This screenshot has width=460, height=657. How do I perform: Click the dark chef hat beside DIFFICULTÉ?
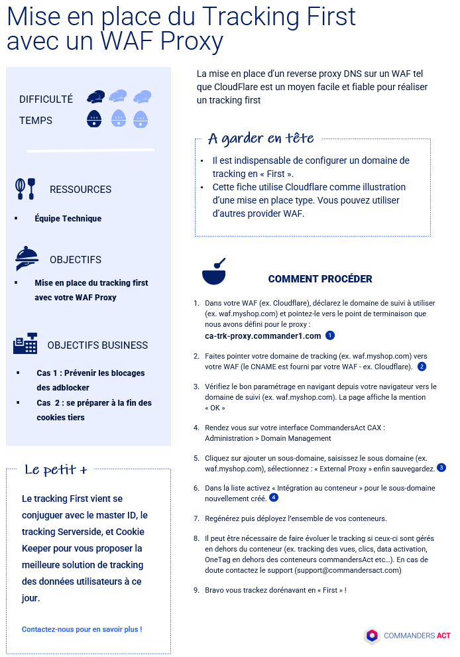click(x=95, y=97)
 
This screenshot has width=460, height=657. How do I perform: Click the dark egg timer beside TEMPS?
click(x=94, y=119)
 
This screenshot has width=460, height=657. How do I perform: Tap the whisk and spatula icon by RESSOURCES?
click(x=25, y=188)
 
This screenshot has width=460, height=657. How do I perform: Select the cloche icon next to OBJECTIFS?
click(x=27, y=258)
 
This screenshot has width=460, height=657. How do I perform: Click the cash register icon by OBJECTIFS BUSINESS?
click(x=25, y=344)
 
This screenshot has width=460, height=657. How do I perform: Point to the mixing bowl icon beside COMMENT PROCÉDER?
click(x=213, y=272)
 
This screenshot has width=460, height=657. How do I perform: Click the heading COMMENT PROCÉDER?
click(x=320, y=279)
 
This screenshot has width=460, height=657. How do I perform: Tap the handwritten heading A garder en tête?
click(x=260, y=139)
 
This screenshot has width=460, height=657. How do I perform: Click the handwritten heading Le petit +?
click(x=56, y=470)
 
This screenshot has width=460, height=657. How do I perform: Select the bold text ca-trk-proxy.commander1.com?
click(x=263, y=336)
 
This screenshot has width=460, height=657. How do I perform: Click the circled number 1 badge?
click(x=330, y=336)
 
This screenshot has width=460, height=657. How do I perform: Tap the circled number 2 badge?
click(x=422, y=366)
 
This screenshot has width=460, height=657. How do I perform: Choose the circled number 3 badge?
click(x=441, y=467)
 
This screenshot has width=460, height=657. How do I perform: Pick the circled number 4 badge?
click(x=273, y=497)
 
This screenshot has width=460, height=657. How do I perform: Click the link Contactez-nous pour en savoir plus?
click(x=82, y=629)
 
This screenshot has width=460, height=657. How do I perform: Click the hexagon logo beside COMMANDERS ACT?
click(x=372, y=636)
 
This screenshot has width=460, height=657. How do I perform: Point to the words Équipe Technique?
click(x=68, y=218)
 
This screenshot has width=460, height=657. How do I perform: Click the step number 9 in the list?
click(x=196, y=589)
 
